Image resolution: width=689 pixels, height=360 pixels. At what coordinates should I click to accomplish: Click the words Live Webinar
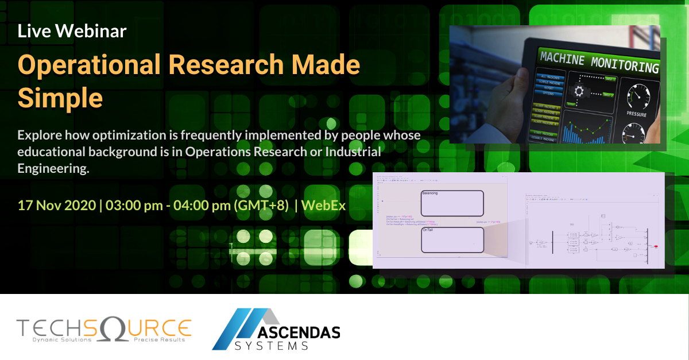(x=72, y=31)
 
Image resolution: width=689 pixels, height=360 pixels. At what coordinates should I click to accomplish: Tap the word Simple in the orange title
(x=60, y=98)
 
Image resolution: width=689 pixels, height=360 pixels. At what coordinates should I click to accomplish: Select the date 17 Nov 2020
(x=56, y=205)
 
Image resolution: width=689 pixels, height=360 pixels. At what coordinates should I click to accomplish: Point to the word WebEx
(x=324, y=205)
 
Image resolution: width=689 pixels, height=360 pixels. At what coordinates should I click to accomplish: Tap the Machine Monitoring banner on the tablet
(x=597, y=63)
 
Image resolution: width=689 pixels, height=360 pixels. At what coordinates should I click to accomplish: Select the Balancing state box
(x=452, y=203)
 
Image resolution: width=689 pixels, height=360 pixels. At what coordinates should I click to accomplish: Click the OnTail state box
(x=452, y=239)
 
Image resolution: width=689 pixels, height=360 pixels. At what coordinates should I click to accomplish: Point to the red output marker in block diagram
(x=656, y=246)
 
